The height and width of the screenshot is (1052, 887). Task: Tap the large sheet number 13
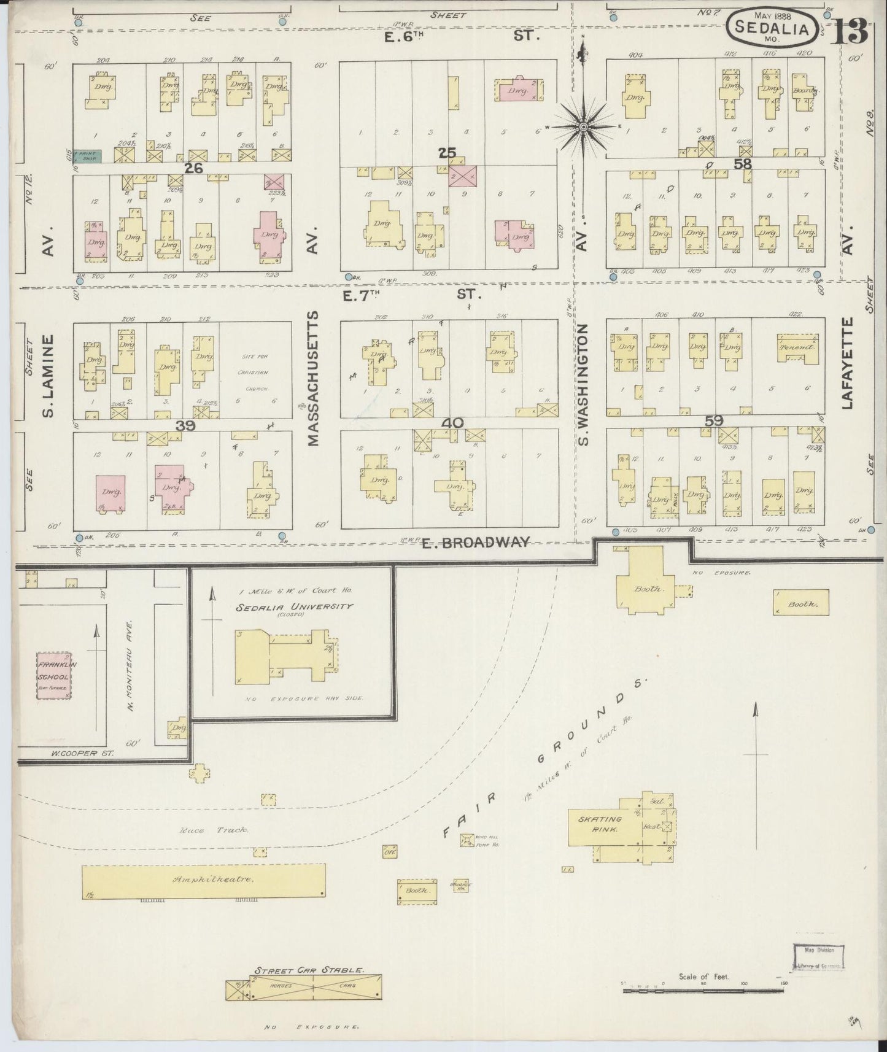[850, 31]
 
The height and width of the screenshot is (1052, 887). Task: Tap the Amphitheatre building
[204, 881]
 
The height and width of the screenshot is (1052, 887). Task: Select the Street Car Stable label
[310, 970]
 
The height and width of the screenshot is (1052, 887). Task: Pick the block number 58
[743, 164]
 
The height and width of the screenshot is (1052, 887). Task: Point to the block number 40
[455, 423]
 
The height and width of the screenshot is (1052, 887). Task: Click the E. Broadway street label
[476, 542]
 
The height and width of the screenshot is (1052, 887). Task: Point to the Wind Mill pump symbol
[468, 839]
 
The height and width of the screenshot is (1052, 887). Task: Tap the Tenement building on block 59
[797, 348]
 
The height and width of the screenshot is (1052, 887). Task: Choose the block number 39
[185, 425]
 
